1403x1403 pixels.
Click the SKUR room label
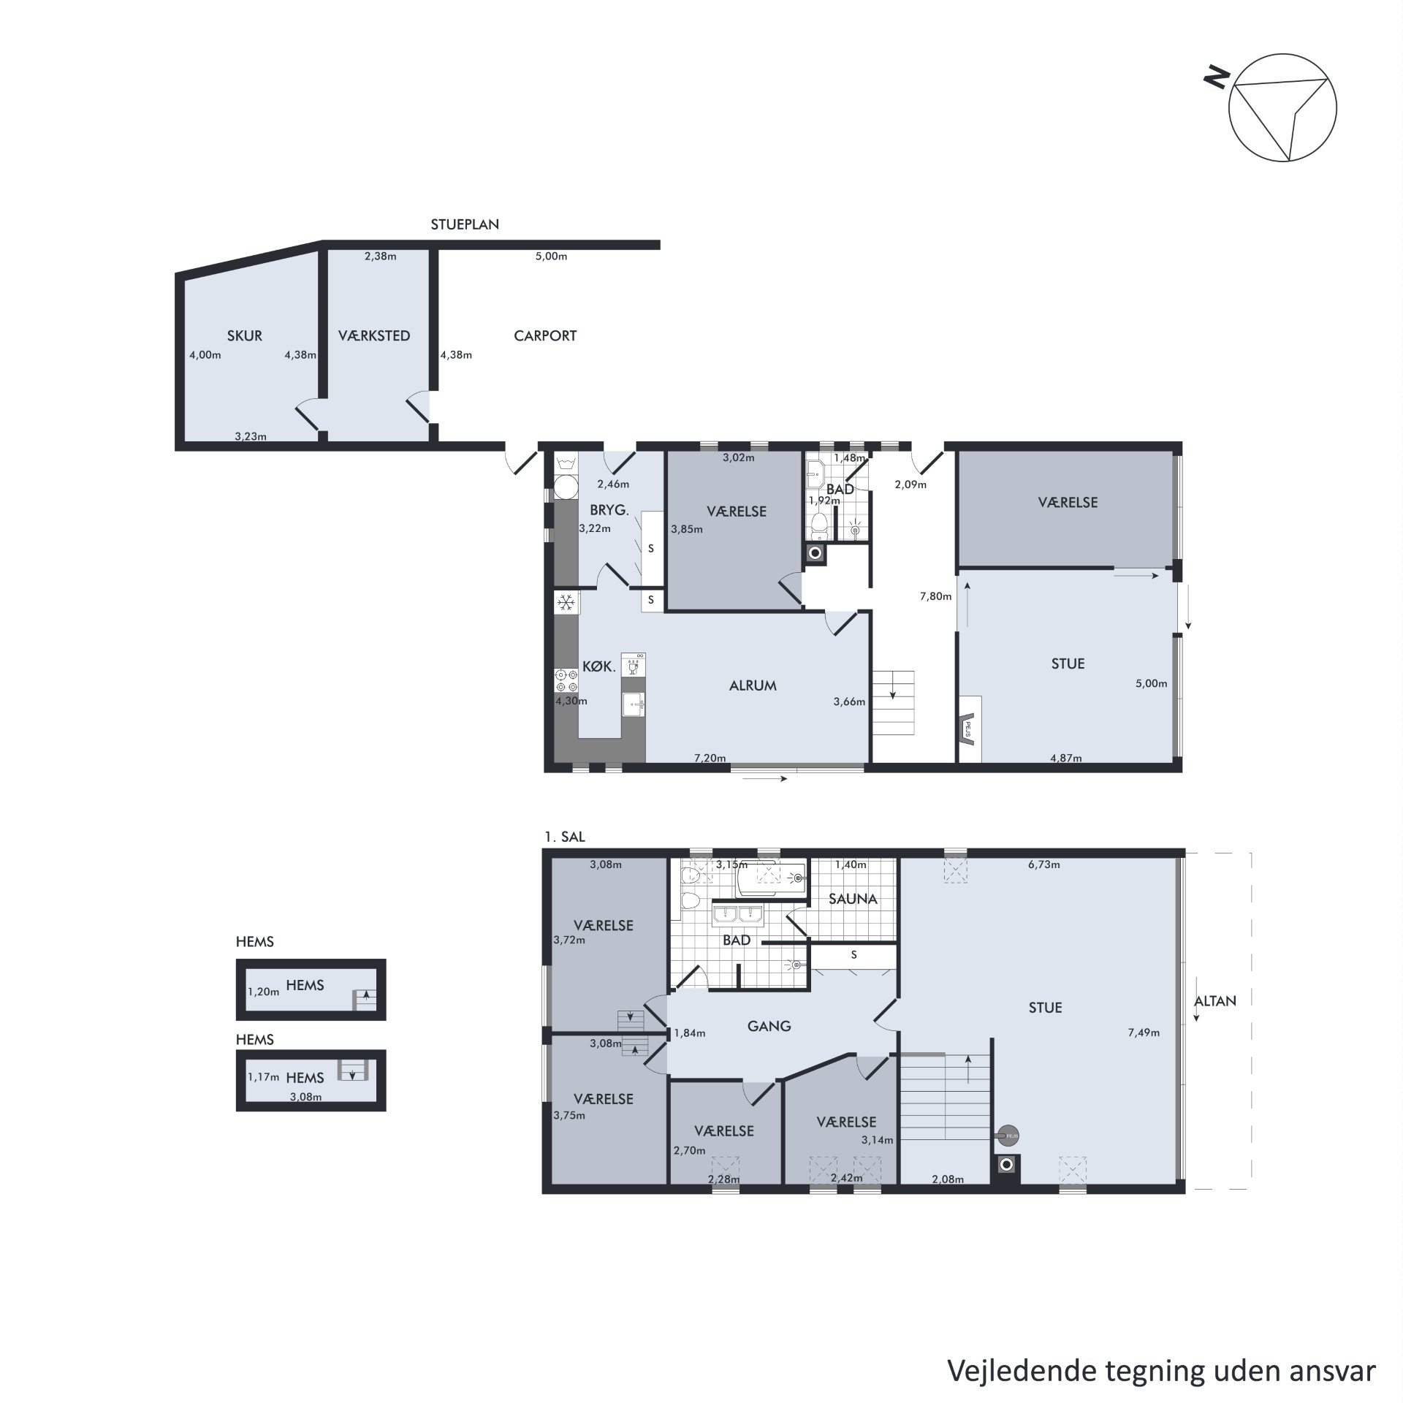(x=245, y=336)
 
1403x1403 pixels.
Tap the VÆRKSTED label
(x=374, y=336)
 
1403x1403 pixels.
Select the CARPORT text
(x=545, y=336)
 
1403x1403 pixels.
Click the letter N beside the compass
(x=1216, y=77)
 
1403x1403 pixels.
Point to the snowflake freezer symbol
(x=566, y=603)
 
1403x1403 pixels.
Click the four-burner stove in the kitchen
(x=566, y=680)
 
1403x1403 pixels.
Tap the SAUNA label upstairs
(x=853, y=900)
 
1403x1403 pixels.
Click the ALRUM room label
(x=753, y=685)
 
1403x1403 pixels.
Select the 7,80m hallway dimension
(x=935, y=596)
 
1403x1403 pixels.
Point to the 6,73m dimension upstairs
(x=1043, y=864)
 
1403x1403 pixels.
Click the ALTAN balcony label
(x=1216, y=1001)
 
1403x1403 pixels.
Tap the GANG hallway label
(x=769, y=1027)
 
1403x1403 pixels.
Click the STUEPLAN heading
(x=465, y=225)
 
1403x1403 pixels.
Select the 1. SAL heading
(x=565, y=837)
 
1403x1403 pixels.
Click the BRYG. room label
(x=609, y=511)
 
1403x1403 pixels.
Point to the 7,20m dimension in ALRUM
(x=710, y=758)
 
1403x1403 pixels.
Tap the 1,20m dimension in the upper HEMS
(x=263, y=992)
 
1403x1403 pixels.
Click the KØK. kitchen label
(x=599, y=666)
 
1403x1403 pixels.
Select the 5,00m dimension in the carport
(x=551, y=256)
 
